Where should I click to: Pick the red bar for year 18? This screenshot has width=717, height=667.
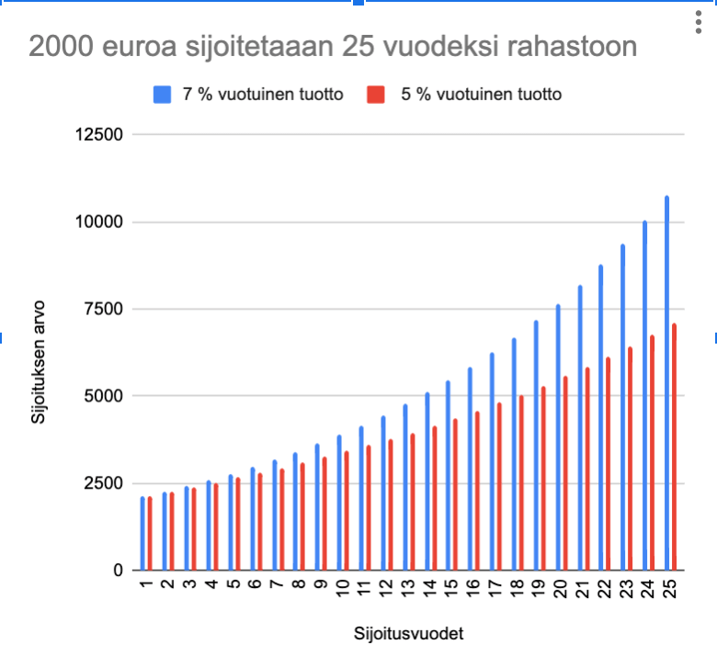(x=521, y=482)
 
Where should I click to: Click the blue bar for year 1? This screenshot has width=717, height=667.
(x=142, y=533)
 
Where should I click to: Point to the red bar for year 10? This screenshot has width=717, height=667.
(x=347, y=511)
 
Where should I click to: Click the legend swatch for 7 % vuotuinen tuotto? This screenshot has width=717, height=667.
(x=162, y=94)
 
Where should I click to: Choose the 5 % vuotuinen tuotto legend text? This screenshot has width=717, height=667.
(x=481, y=94)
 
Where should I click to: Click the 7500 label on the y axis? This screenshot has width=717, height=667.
(x=104, y=310)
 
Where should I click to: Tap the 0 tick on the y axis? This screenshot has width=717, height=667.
(x=119, y=571)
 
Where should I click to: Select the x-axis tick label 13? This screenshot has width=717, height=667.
(x=407, y=590)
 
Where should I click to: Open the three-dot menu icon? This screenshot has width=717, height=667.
(x=700, y=25)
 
